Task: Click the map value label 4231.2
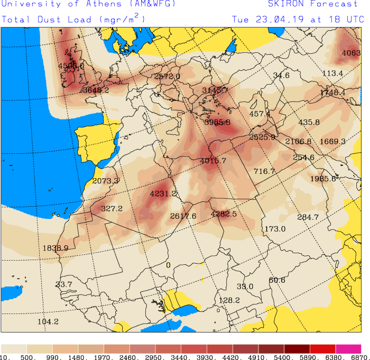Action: pos(163,194)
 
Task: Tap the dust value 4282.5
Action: pos(224,214)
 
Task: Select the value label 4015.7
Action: pos(213,161)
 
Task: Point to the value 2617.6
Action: pos(183,216)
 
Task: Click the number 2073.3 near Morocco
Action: pos(105,181)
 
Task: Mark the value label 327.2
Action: pos(112,209)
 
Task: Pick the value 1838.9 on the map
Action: pos(55,248)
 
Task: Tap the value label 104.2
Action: pos(48,321)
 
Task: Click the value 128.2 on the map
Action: pos(229,300)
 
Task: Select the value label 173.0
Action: pos(275,229)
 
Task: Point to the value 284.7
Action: pos(308,217)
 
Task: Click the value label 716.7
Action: pos(264,171)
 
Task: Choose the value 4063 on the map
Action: pos(351,53)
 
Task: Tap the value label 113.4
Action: pos(332,73)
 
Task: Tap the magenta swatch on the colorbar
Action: pos(348,349)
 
